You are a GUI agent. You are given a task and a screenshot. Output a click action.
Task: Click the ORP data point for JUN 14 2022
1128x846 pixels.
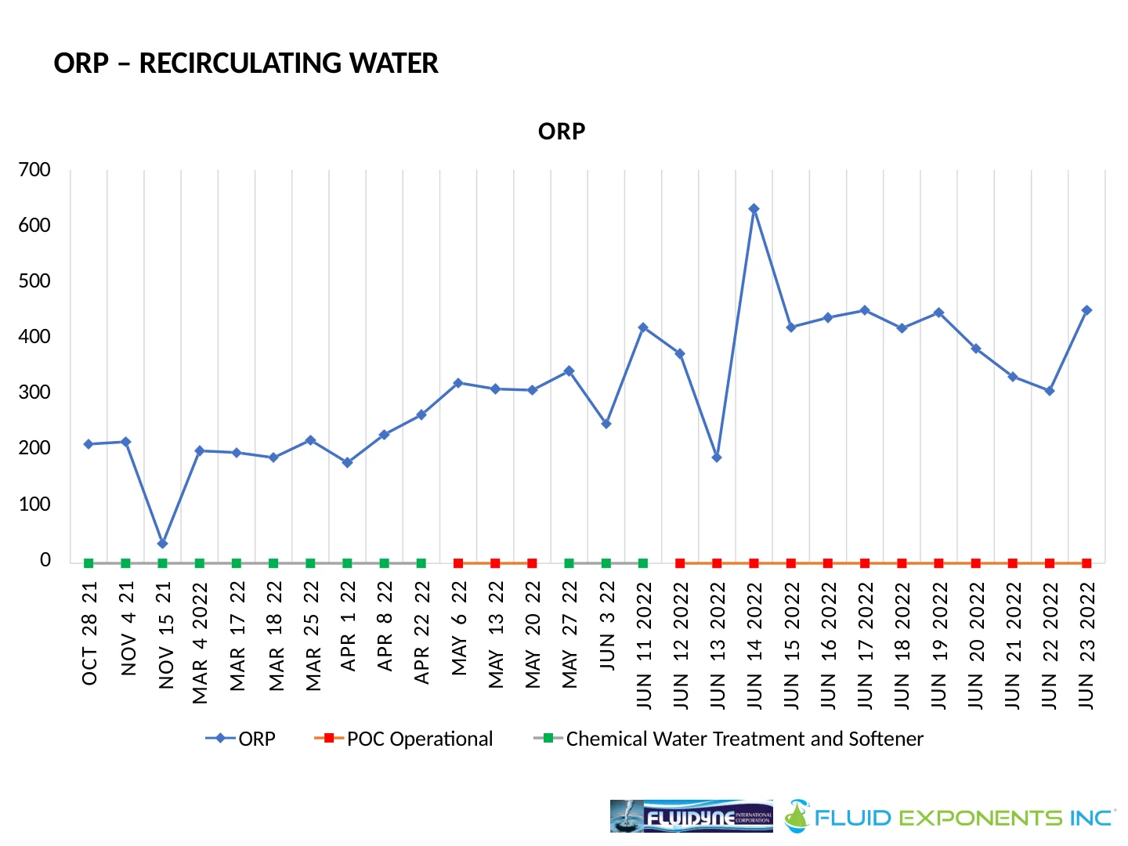click(754, 209)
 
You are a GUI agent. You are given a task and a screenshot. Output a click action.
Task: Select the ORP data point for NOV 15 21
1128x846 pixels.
click(162, 544)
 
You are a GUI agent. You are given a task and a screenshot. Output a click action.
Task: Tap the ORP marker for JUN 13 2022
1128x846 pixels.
click(717, 457)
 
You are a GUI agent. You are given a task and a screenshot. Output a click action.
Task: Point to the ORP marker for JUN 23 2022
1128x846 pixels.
click(1086, 311)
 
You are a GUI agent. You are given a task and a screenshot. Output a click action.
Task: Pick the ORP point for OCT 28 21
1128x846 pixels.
click(89, 444)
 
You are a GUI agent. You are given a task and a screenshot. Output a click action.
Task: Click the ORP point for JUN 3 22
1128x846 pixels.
click(606, 424)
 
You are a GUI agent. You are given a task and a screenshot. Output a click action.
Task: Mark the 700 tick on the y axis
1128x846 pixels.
click(34, 170)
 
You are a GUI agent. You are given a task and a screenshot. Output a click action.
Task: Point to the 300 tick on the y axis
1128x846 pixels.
click(34, 392)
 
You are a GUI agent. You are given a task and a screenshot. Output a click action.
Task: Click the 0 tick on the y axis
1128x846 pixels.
click(45, 560)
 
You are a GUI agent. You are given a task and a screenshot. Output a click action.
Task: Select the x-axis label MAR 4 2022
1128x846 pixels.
click(201, 642)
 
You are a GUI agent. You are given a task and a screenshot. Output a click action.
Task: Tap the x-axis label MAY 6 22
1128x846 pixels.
click(459, 628)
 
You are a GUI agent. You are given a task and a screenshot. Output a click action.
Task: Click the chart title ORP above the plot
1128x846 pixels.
click(562, 132)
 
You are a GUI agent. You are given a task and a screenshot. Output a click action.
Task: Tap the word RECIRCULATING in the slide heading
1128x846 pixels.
click(288, 63)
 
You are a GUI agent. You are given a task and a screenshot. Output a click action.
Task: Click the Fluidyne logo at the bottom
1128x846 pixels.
click(691, 816)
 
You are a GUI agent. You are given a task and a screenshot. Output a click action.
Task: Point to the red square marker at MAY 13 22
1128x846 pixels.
click(495, 563)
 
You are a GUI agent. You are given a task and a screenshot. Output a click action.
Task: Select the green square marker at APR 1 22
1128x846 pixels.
click(347, 563)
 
